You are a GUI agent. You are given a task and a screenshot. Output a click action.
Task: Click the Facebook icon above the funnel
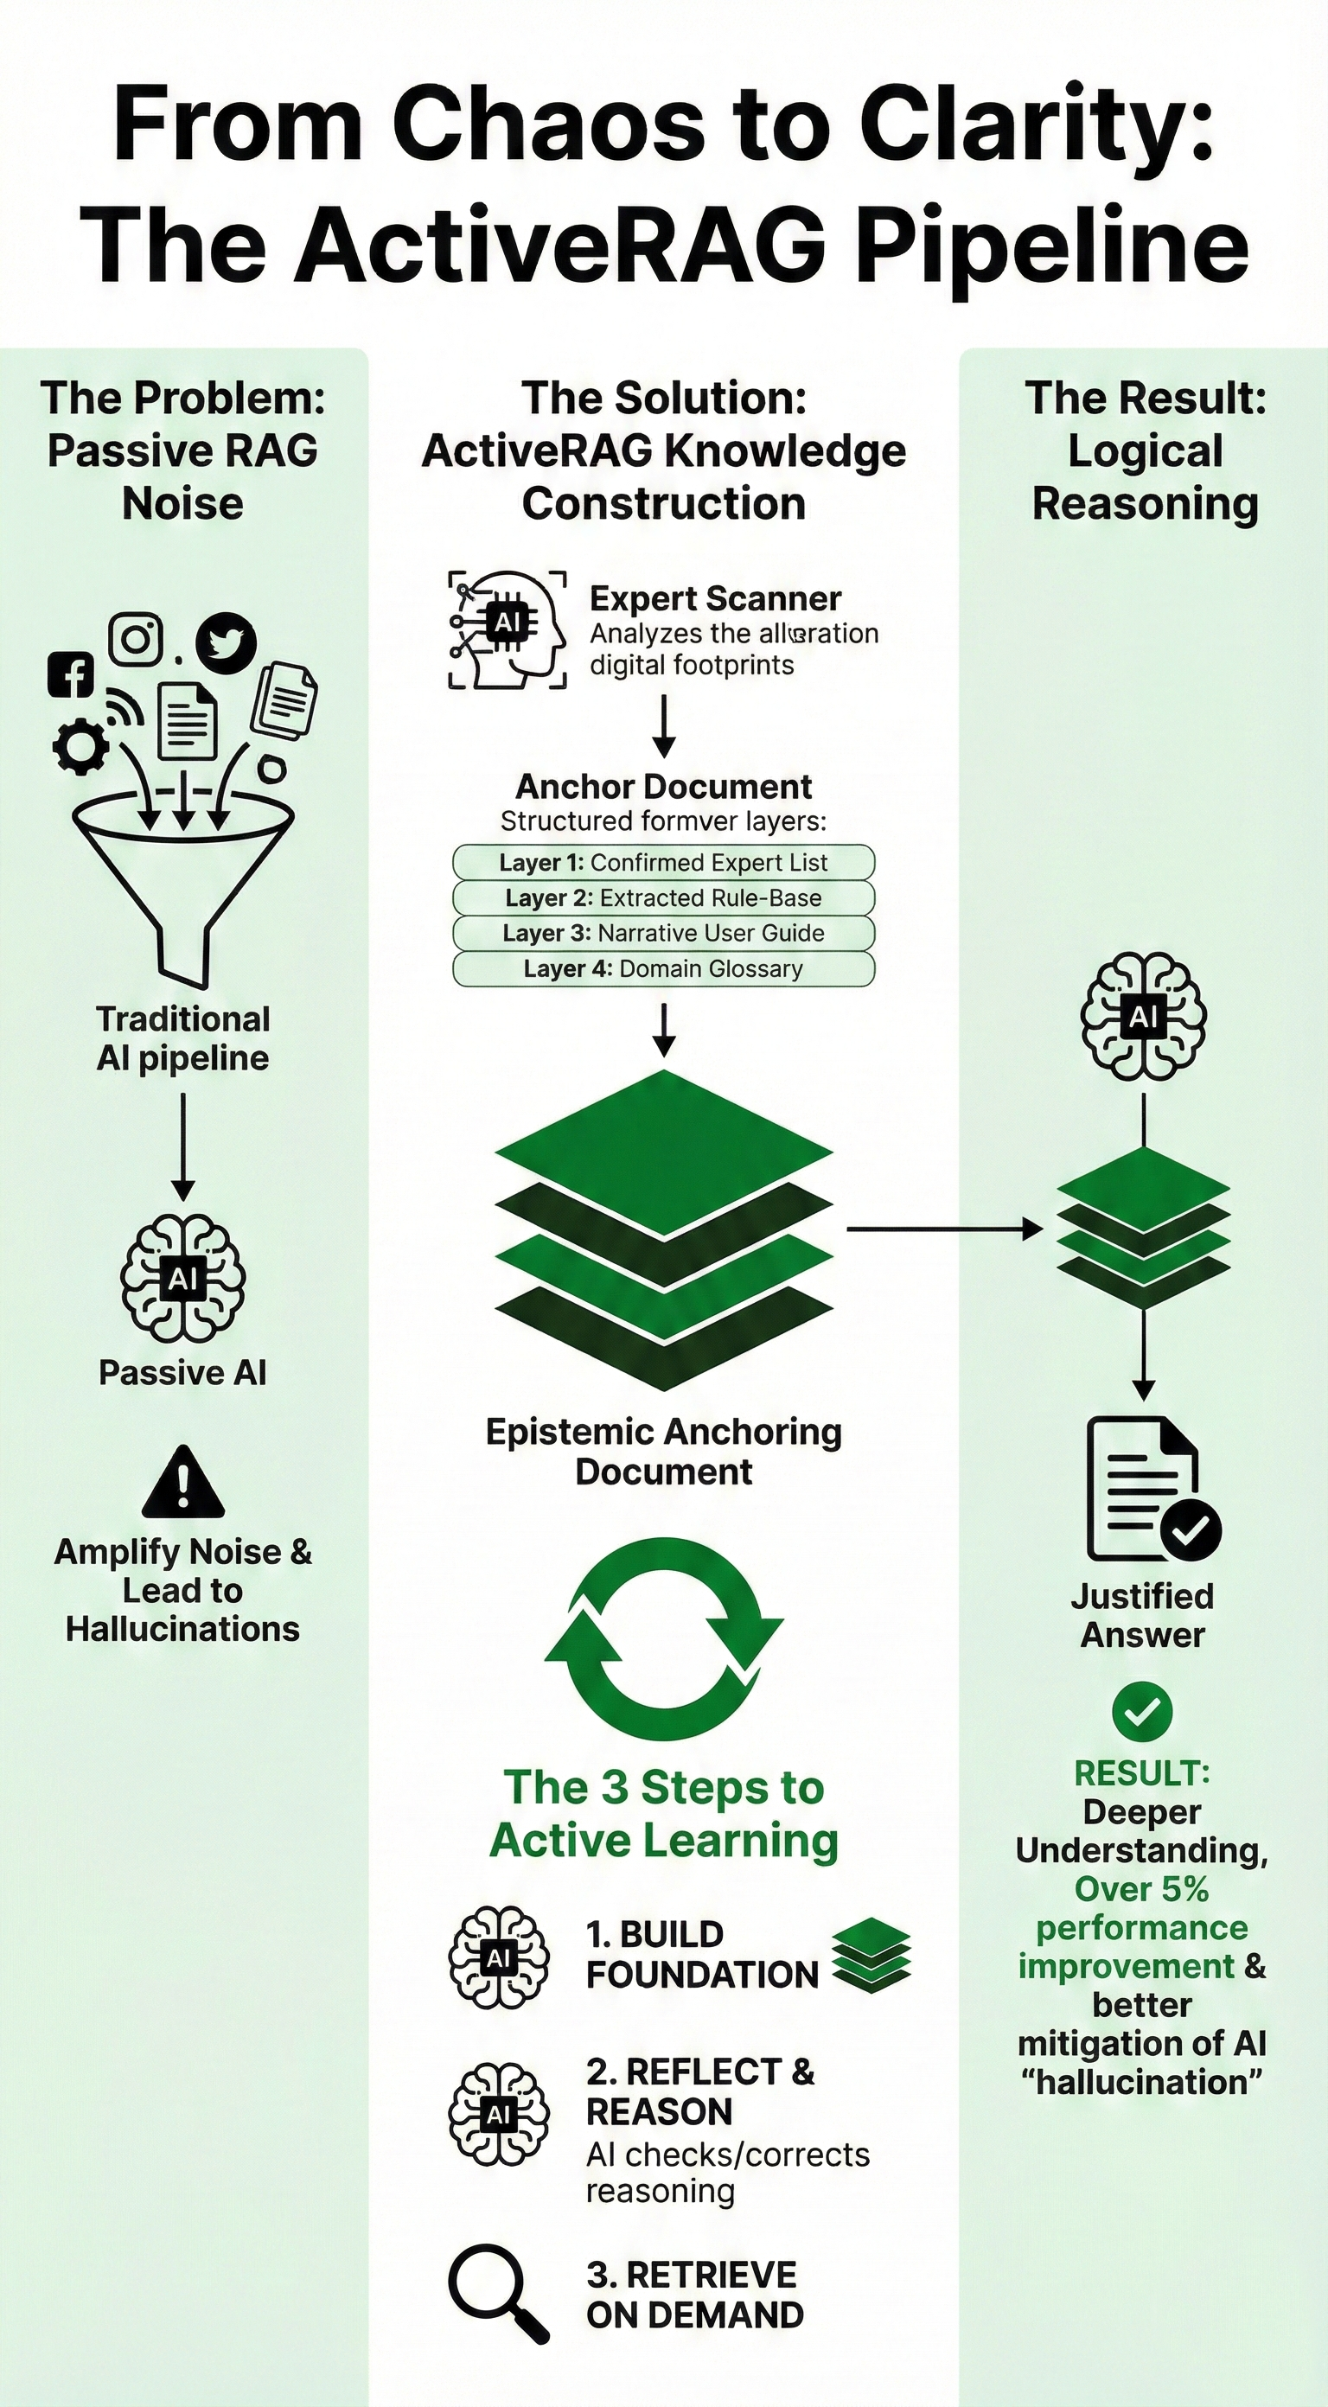tap(71, 674)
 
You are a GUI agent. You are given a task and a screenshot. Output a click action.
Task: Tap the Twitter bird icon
tap(227, 643)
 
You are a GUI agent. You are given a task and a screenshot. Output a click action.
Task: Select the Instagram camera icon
tap(137, 639)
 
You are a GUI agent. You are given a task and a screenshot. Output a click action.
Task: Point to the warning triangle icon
tap(183, 1484)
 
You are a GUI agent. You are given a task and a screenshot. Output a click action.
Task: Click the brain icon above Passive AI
tap(183, 1278)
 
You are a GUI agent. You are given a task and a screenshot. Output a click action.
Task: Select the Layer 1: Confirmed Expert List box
tap(663, 861)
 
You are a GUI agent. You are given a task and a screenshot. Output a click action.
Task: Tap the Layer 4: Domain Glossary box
tap(663, 968)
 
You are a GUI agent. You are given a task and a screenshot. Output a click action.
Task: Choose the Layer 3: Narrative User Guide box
tap(663, 933)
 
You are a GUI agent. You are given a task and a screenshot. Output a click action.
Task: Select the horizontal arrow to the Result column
tap(944, 1229)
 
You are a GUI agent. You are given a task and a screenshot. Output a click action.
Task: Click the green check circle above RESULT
tap(1142, 1710)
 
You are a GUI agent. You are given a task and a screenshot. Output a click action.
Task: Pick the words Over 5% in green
tap(1142, 1888)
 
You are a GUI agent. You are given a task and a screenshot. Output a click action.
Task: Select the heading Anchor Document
tap(663, 787)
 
